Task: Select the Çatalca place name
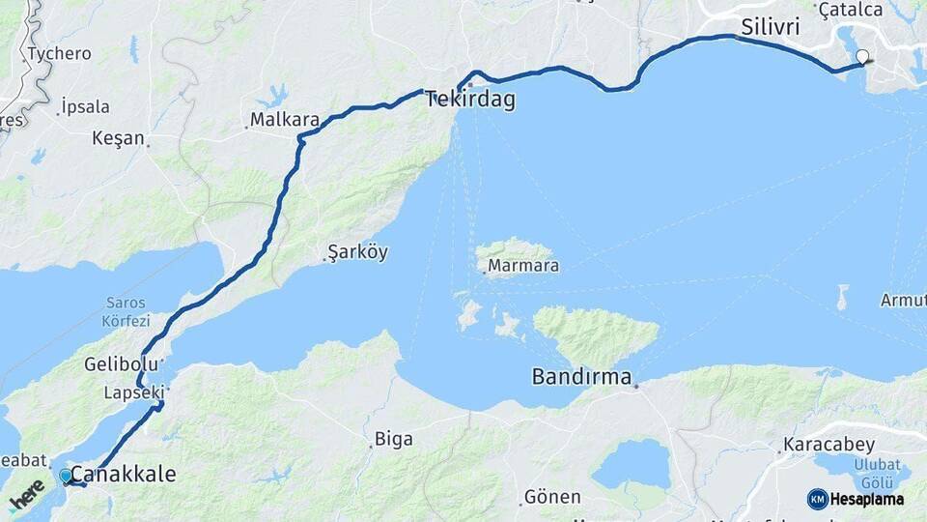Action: (850, 10)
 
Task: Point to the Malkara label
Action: (285, 120)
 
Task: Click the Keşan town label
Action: (118, 138)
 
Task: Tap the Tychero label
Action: (59, 53)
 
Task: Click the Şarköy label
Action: (357, 252)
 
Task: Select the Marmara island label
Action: (523, 265)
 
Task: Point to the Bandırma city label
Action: (581, 376)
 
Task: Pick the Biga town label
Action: (393, 439)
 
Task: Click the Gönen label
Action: (551, 497)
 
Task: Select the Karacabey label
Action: (829, 446)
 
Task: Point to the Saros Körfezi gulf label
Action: (126, 311)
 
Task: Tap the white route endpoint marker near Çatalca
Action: (862, 57)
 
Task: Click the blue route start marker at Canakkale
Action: (66, 476)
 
